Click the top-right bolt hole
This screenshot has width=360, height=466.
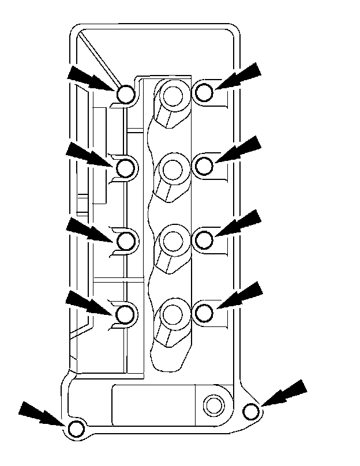coord(203,92)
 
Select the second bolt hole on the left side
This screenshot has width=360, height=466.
coord(127,168)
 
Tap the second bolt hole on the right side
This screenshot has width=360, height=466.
coord(204,166)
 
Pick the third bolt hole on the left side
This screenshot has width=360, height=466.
coord(127,240)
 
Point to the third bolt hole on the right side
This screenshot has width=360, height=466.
coord(204,238)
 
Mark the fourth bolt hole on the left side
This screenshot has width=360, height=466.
coord(127,314)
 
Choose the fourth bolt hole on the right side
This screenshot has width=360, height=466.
coord(204,312)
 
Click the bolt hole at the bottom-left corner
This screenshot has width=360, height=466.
coord(76,429)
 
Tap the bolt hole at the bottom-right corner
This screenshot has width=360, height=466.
coord(250,411)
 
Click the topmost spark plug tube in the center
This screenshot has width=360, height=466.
coord(172,95)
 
